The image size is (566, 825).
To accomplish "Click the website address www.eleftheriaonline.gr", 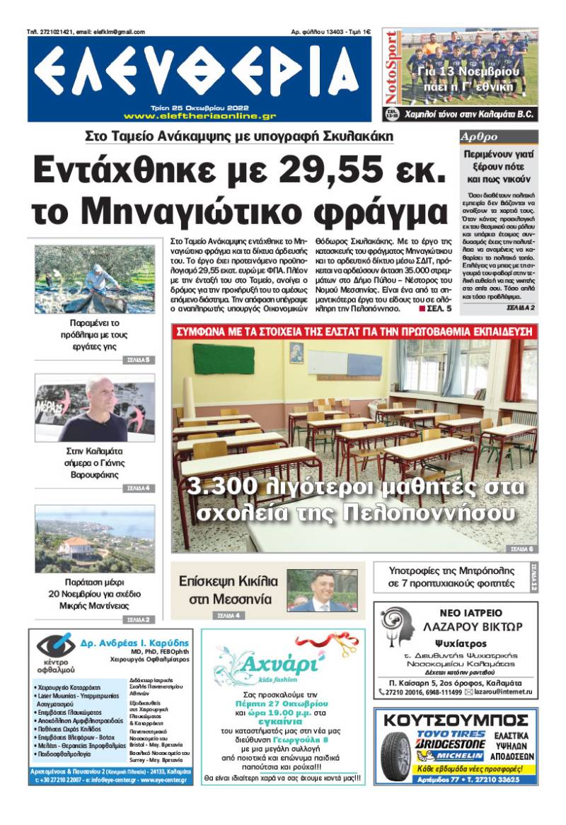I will [x=200, y=116].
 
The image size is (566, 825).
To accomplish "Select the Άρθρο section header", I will [x=480, y=137].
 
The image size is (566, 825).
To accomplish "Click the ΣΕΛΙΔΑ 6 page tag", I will [x=522, y=549].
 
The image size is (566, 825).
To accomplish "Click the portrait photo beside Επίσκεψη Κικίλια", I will [x=322, y=591].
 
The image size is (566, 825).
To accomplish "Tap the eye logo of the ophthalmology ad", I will [x=56, y=645].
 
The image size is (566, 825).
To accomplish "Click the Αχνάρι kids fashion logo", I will [x=276, y=665].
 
